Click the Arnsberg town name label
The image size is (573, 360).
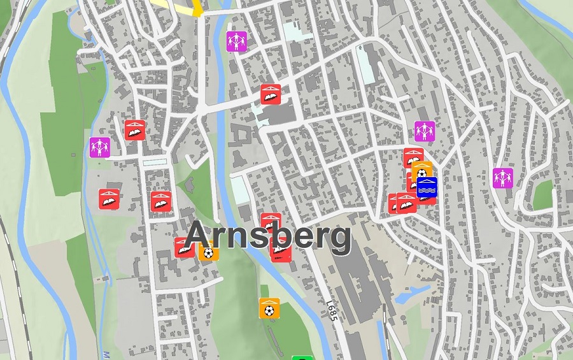(267, 237)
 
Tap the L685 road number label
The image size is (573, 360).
(331, 310)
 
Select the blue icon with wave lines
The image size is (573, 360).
(427, 189)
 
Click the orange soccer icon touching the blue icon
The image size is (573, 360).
(421, 171)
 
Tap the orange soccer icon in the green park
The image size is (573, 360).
(269, 309)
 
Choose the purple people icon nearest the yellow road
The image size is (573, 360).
(236, 41)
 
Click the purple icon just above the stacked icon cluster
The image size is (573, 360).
(425, 131)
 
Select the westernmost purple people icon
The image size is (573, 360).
(100, 147)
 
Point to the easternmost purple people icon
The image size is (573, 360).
(503, 178)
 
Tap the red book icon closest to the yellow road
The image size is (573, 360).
(271, 94)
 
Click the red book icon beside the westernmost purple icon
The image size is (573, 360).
(134, 129)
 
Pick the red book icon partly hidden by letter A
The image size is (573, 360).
(183, 247)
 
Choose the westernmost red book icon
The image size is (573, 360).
(109, 199)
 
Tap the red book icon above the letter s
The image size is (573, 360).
(269, 220)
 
